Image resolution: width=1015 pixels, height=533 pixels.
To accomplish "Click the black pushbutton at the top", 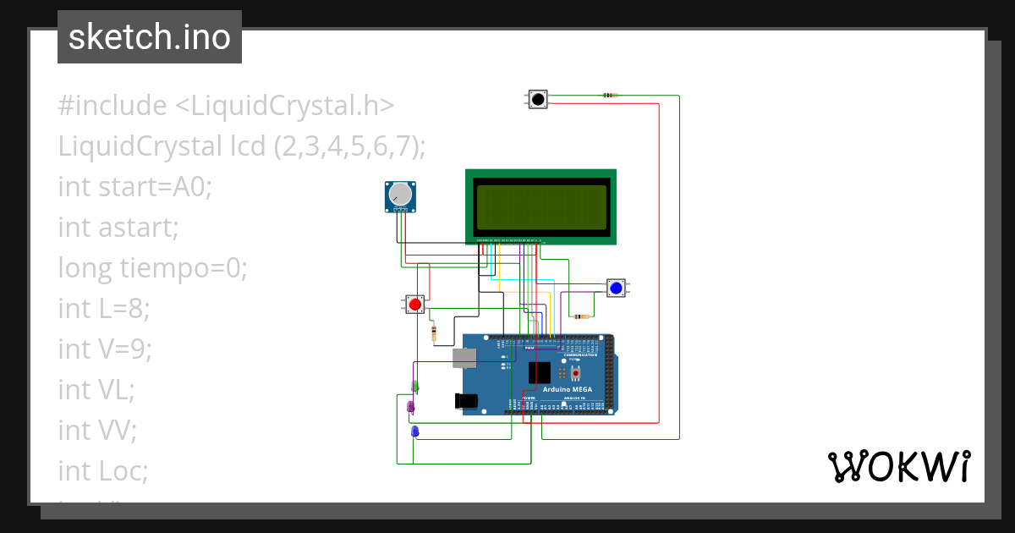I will (x=537, y=99).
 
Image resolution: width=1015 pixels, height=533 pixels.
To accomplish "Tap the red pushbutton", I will (x=414, y=305).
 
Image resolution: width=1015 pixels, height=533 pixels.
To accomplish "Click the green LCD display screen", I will (x=541, y=207).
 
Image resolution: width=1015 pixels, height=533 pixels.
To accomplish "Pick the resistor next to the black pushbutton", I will (x=609, y=96).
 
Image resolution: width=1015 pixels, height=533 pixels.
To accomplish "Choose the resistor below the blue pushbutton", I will (x=581, y=316).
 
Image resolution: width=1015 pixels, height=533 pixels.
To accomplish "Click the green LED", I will (x=414, y=387).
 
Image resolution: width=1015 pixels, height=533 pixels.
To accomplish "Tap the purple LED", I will (x=411, y=407).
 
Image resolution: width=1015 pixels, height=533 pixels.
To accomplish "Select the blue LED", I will (x=414, y=431).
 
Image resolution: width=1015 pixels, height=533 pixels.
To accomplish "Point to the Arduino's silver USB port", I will (x=464, y=358).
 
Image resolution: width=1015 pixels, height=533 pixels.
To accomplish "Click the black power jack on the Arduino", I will (x=466, y=401).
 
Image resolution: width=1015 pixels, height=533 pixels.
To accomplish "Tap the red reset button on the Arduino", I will (x=576, y=372).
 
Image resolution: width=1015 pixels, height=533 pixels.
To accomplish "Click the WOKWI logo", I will (x=898, y=467).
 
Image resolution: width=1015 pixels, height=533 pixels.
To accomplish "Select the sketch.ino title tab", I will (x=150, y=37).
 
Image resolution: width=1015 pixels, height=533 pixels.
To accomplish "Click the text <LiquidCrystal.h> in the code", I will (x=284, y=106).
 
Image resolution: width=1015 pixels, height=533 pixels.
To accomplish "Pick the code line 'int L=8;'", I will (x=103, y=309).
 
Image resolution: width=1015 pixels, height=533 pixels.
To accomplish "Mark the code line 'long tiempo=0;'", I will (x=152, y=268).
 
